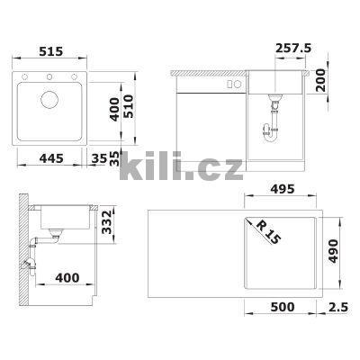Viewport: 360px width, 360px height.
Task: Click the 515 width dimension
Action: (51, 51)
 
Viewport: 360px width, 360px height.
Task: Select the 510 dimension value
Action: (129, 106)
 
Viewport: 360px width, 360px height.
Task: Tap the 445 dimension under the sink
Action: (51, 158)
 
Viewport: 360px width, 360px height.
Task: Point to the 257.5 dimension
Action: (293, 48)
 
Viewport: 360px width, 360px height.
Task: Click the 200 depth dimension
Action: (321, 80)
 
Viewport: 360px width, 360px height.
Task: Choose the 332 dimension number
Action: (106, 222)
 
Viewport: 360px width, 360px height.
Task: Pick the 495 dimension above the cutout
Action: (283, 189)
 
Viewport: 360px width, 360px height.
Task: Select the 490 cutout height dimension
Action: (333, 251)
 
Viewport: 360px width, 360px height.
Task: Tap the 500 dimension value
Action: (283, 307)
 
